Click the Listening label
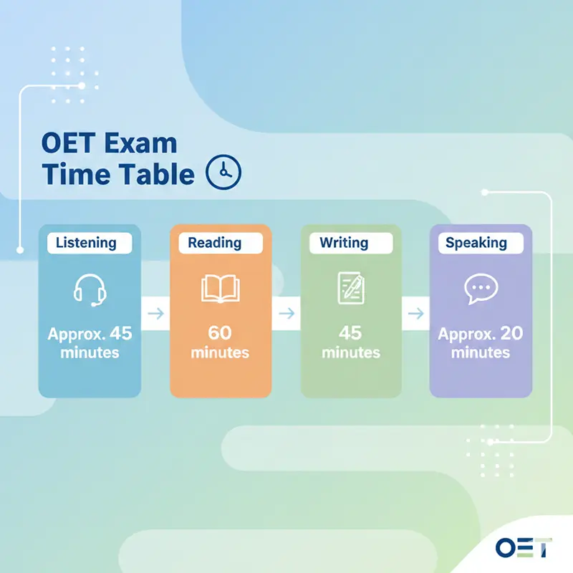point(85,243)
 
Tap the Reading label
point(214,243)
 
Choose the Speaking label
point(476,243)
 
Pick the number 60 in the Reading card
point(221,333)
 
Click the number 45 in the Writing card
point(351,333)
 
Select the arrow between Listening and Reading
point(155,313)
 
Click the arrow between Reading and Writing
point(286,313)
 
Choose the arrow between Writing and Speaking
point(415,313)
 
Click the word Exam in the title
point(139,143)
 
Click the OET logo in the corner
point(524,546)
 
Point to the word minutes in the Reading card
point(221,353)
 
